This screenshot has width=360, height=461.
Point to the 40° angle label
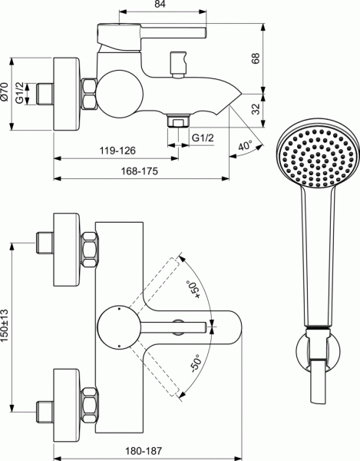[243, 147]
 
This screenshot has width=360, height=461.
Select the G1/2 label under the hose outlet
[203, 138]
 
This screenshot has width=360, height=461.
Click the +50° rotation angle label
[192, 293]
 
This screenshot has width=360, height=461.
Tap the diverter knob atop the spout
[181, 62]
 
